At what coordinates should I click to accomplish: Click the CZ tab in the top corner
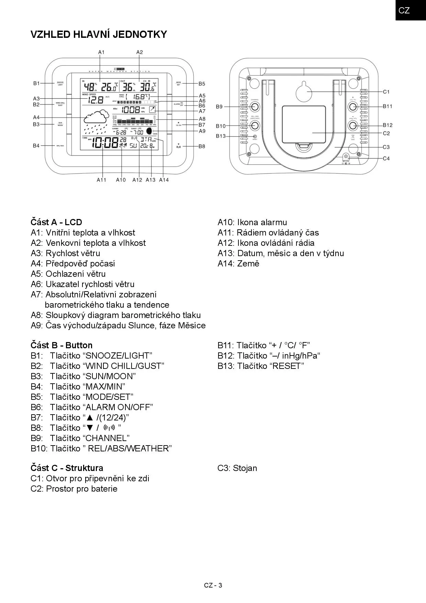[404, 10]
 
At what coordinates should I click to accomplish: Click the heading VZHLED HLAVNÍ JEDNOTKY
[99, 34]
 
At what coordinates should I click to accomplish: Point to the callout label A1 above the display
[101, 52]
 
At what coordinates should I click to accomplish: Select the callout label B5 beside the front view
[202, 84]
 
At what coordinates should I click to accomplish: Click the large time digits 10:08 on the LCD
[105, 143]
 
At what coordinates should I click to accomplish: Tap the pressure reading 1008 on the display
[131, 110]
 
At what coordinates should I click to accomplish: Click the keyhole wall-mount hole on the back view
[304, 92]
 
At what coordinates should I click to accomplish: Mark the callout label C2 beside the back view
[386, 133]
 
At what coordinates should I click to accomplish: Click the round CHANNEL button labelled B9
[255, 107]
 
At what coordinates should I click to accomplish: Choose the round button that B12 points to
[352, 125]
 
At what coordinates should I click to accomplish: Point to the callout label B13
[221, 136]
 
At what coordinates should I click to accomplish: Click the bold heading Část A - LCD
[56, 222]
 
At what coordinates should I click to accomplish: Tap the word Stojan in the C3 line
[245, 468]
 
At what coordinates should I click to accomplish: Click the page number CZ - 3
[213, 585]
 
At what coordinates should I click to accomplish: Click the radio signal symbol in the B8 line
[109, 428]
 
